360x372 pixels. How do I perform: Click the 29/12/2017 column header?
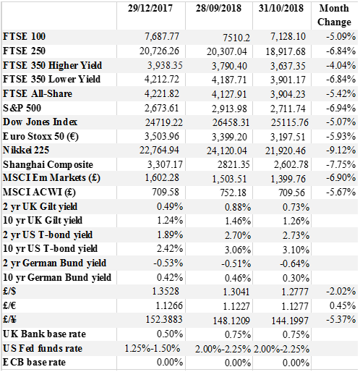click(150, 8)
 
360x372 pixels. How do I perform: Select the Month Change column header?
click(334, 15)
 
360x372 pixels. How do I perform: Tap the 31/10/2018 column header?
click(281, 8)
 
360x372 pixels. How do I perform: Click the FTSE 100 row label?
click(24, 36)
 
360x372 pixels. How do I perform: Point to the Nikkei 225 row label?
click(26, 150)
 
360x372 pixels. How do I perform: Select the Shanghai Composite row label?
click(48, 164)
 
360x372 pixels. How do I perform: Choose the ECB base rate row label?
click(34, 362)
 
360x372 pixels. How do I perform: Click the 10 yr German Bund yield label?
click(57, 277)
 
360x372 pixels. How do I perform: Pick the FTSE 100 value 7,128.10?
click(288, 36)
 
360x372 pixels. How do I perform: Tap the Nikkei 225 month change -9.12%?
click(341, 150)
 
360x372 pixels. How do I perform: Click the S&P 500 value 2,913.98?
click(229, 109)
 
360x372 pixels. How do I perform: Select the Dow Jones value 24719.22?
click(164, 122)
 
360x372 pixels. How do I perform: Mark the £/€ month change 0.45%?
click(343, 305)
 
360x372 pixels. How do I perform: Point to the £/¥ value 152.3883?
click(164, 319)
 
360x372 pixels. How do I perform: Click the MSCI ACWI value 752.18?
click(233, 193)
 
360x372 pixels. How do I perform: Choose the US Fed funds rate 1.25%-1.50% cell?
click(153, 348)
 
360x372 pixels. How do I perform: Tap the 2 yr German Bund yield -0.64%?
click(295, 263)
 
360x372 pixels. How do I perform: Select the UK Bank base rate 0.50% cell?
click(170, 334)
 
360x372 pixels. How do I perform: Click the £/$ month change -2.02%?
click(341, 291)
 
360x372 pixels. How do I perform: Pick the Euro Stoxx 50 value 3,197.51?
click(288, 137)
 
